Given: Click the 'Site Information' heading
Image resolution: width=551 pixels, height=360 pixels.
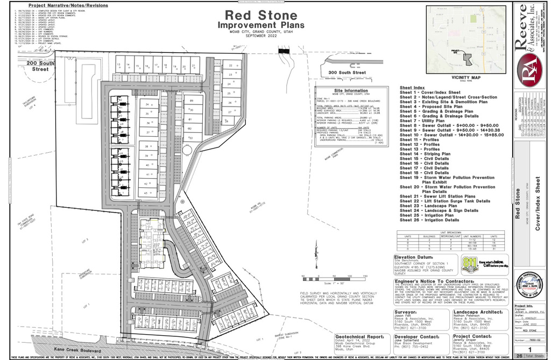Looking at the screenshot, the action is pyautogui.click(x=350, y=91).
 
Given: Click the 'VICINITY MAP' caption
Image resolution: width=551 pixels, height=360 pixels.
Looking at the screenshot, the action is pyautogui.click(x=466, y=77).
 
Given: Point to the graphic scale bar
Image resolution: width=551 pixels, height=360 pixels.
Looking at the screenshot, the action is pyautogui.click(x=326, y=277).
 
